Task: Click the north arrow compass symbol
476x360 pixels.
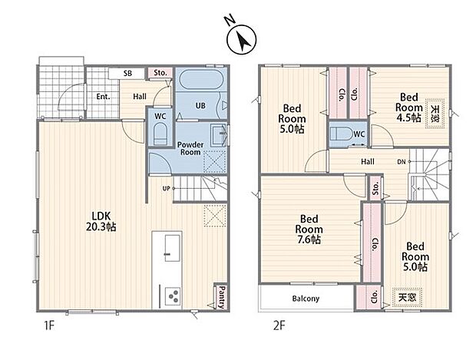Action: tap(242, 39)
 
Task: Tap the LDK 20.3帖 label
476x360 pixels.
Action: tap(101, 222)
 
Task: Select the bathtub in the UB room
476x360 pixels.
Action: tap(201, 80)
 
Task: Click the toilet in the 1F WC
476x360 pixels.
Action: tap(160, 134)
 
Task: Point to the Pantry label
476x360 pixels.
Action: tap(222, 297)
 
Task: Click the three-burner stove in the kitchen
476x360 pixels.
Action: tap(173, 296)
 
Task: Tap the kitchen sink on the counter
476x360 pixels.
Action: tap(172, 248)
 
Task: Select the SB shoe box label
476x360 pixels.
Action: tap(127, 74)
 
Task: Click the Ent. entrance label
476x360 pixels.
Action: tap(103, 97)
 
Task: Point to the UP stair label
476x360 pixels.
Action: tap(166, 189)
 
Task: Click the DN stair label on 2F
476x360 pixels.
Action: tap(402, 162)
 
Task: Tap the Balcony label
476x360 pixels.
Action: tap(306, 299)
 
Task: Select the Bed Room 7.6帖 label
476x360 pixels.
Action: tap(309, 230)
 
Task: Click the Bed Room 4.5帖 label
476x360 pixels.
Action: tap(409, 107)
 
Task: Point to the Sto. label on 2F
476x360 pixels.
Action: tap(376, 188)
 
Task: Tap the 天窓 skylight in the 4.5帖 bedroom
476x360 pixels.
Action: tap(435, 114)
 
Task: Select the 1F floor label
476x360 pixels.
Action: tap(49, 326)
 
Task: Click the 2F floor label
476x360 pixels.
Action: tap(279, 326)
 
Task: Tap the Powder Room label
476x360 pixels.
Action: tap(190, 148)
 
